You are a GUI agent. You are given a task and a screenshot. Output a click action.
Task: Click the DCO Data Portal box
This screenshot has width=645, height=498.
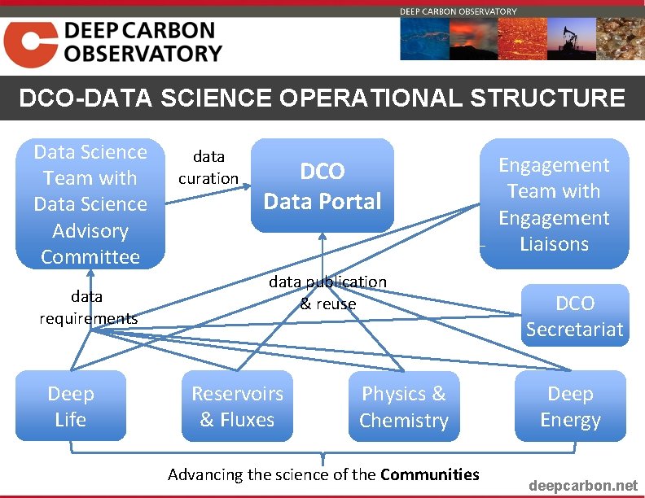(322, 186)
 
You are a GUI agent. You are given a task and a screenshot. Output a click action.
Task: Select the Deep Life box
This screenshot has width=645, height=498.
(71, 406)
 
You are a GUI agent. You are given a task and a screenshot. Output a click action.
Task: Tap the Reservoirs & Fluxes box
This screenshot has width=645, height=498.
(237, 406)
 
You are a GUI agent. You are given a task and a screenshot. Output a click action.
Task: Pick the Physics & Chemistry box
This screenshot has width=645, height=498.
(404, 406)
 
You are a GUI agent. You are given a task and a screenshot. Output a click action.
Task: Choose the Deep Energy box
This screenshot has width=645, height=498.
(570, 406)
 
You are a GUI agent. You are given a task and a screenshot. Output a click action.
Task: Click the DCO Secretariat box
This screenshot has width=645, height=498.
(575, 316)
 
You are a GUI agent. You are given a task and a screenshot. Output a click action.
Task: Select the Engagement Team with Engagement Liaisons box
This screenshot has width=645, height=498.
(554, 203)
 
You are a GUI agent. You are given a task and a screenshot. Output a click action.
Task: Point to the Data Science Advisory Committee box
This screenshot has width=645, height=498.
(90, 203)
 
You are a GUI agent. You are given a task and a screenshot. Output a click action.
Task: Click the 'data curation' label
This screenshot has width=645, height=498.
(208, 167)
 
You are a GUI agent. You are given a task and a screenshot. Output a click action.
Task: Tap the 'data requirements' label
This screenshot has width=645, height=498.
(88, 307)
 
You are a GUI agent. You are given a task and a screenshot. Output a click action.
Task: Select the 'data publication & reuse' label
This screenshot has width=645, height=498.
(328, 292)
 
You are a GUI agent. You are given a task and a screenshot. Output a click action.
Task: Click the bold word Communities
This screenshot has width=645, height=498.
(429, 474)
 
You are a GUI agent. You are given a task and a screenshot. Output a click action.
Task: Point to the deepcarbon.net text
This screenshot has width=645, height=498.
(583, 486)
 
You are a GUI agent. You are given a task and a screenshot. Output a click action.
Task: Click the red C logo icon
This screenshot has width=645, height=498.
(30, 44)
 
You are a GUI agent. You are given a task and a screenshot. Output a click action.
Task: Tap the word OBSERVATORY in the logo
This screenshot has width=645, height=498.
(143, 55)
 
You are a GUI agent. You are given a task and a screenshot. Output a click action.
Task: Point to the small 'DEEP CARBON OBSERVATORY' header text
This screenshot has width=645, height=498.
(458, 11)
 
